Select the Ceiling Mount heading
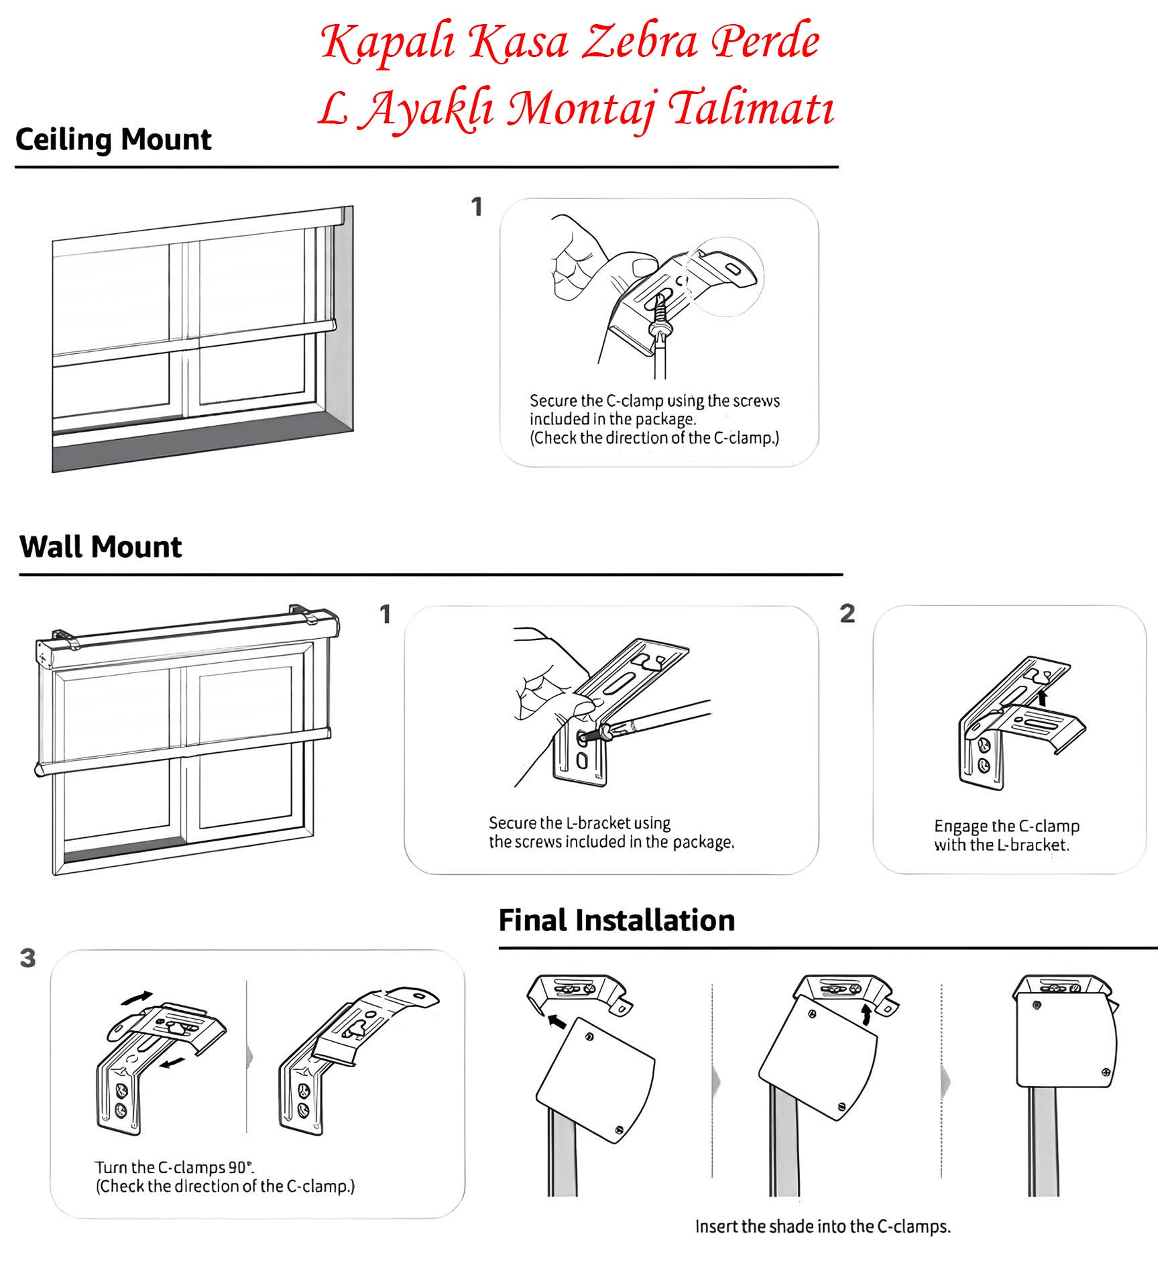point(113,139)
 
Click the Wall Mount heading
point(101,547)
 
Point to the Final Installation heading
point(616,920)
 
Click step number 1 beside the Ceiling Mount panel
point(477,207)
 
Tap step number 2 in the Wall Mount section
point(847,613)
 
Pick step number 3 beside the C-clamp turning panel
point(27,958)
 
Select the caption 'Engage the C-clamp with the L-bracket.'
point(1006,835)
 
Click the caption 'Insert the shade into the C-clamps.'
point(823,1227)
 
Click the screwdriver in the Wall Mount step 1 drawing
point(657,719)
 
